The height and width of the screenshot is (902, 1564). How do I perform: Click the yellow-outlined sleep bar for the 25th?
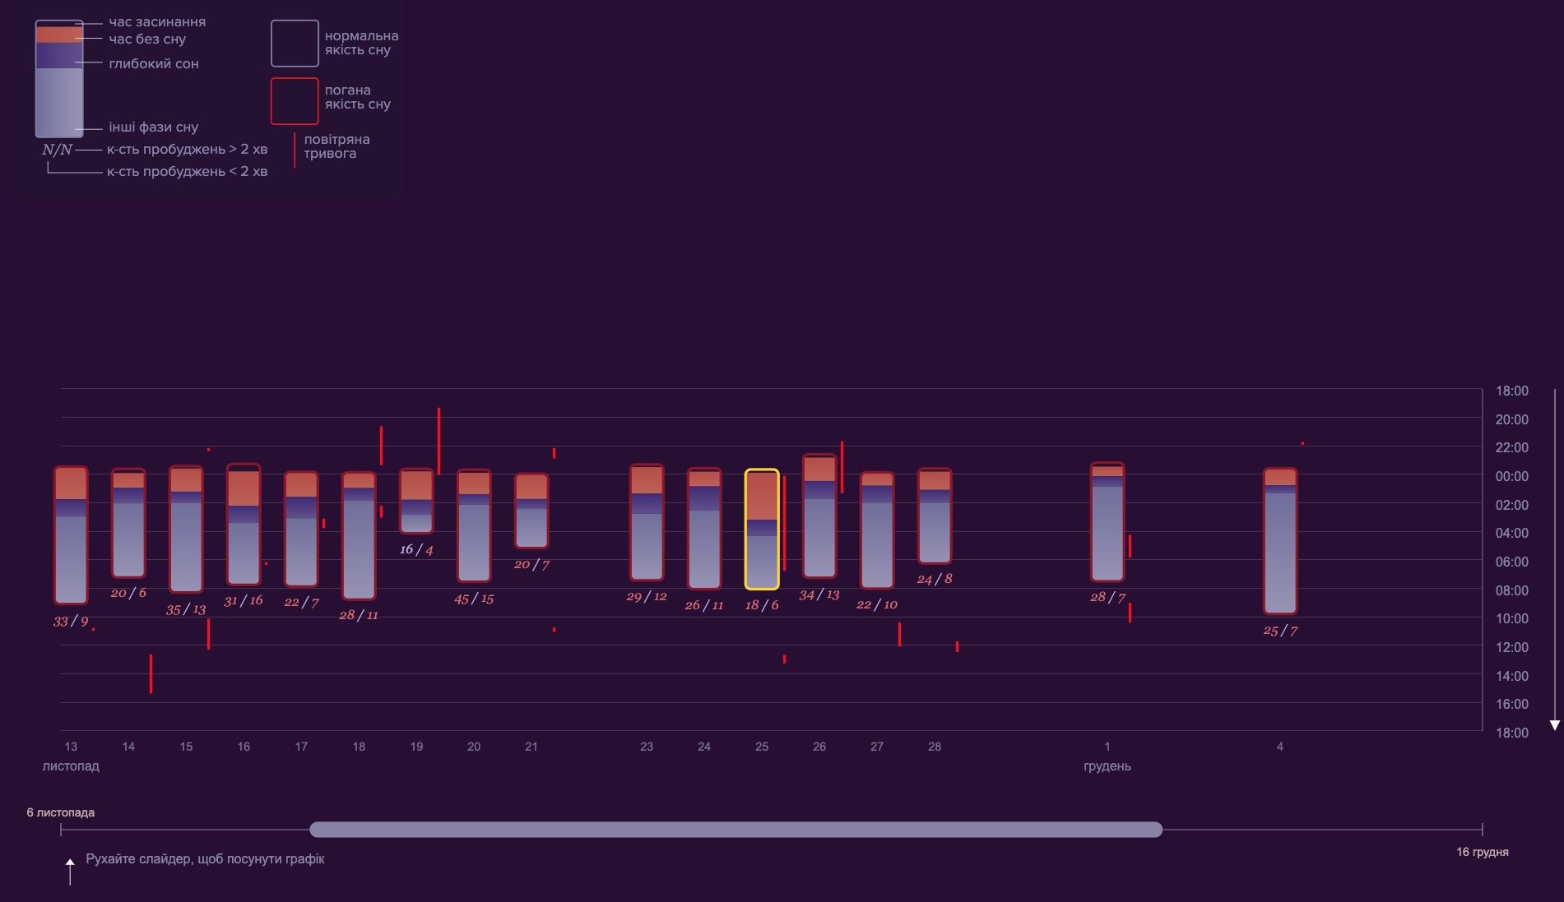[762, 530]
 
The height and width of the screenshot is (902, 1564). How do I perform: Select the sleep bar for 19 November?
[416, 501]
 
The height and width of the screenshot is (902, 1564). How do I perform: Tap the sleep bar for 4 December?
[1280, 541]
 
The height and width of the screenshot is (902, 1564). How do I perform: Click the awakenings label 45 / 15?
[474, 599]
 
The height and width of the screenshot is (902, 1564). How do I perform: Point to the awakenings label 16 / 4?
[416, 549]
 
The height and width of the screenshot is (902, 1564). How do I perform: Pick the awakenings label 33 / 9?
[71, 622]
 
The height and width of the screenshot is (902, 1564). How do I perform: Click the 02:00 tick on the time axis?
[1511, 505]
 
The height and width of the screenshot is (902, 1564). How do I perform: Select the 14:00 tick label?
[1511, 676]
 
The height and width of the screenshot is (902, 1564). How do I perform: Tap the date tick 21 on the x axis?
[531, 747]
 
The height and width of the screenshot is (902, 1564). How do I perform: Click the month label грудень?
[1107, 766]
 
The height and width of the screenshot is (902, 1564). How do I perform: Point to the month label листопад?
[71, 766]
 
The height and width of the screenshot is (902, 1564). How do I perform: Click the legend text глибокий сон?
[154, 64]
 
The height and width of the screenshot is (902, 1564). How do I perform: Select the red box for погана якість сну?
[295, 101]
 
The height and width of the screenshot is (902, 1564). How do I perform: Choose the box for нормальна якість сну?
[295, 44]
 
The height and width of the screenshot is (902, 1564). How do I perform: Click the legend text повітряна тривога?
[336, 146]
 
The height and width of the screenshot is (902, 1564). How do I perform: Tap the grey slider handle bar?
[736, 830]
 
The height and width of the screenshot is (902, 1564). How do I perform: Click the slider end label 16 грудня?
[1482, 852]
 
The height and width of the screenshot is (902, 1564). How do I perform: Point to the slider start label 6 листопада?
[61, 812]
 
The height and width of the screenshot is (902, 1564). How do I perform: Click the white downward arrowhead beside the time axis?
[1555, 725]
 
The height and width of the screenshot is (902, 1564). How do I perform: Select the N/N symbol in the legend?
[57, 150]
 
